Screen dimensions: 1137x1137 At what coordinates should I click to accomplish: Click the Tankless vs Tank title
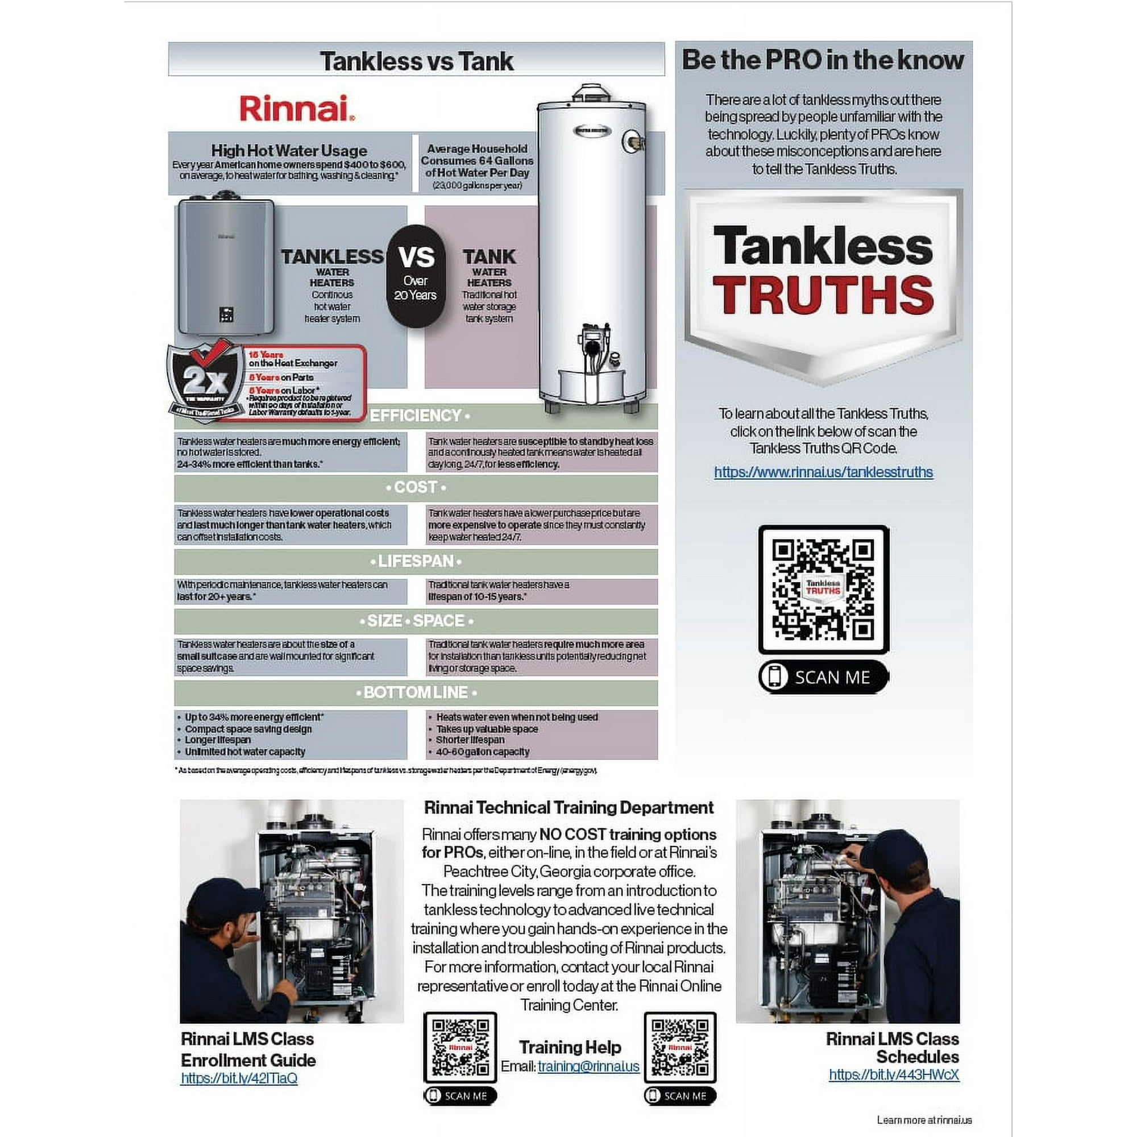tap(416, 61)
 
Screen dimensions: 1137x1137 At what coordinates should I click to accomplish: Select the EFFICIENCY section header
tap(416, 416)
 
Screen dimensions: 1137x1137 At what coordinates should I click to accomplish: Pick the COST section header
tap(416, 487)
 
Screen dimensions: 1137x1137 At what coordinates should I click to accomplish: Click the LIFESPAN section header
tap(416, 561)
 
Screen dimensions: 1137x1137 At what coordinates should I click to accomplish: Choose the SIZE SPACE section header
tap(416, 621)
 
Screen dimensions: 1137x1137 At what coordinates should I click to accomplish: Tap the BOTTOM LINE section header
tap(416, 692)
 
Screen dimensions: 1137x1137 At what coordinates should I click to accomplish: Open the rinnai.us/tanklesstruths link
tap(823, 472)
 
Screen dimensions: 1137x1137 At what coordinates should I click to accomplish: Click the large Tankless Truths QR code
tap(823, 589)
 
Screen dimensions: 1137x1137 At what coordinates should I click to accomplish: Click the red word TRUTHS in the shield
tap(823, 294)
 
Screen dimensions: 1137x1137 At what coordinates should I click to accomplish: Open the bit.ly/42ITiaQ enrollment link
tap(239, 1078)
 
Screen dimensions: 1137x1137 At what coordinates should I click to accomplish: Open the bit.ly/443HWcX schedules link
tap(893, 1074)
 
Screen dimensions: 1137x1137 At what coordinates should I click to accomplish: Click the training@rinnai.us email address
tap(588, 1067)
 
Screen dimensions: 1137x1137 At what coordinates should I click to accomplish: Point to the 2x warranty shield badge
tap(203, 380)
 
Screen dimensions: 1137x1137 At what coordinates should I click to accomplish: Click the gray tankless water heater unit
tap(227, 265)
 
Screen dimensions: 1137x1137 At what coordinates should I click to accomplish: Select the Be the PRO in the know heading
tap(823, 60)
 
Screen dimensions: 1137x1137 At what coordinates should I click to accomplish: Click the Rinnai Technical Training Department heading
tap(568, 807)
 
